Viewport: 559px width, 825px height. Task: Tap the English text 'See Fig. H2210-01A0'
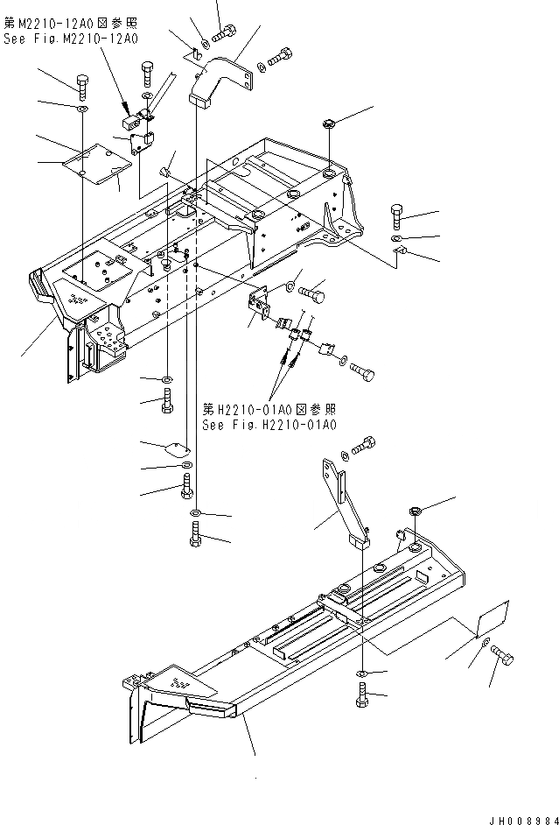(269, 425)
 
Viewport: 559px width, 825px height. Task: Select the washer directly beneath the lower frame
(361, 673)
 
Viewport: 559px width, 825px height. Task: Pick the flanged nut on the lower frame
(416, 511)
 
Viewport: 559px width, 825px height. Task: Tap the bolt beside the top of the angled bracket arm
(366, 444)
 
